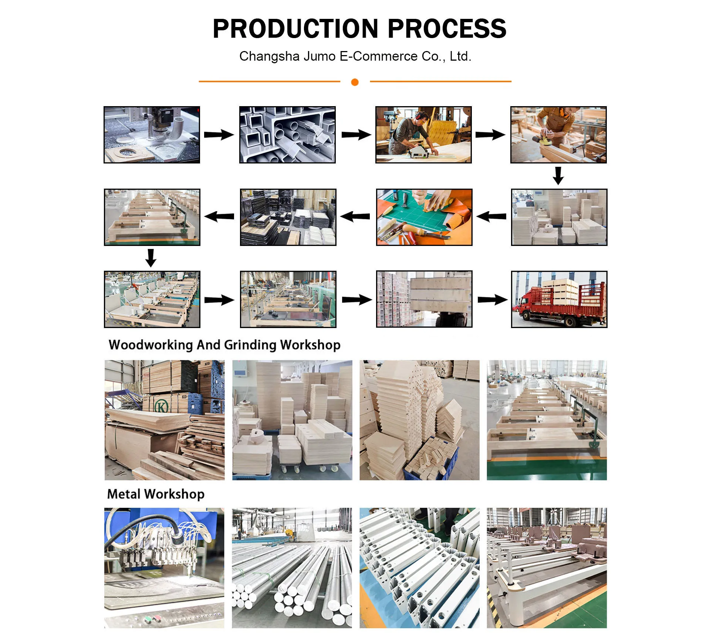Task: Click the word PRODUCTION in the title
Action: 295,29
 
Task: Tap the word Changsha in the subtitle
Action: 269,56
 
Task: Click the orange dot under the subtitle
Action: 355,82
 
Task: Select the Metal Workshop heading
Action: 156,494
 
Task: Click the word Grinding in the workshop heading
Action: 250,345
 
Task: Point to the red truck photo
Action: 559,299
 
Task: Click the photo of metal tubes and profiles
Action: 287,135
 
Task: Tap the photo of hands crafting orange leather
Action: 424,217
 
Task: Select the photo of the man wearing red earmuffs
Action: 423,135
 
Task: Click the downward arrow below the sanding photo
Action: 558,175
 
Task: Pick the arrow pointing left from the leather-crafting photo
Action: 355,216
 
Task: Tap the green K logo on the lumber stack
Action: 161,406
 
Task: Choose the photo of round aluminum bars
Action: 292,568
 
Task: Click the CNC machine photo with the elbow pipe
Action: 152,135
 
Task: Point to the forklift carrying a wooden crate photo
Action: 424,299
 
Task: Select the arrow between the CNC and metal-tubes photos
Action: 219,135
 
